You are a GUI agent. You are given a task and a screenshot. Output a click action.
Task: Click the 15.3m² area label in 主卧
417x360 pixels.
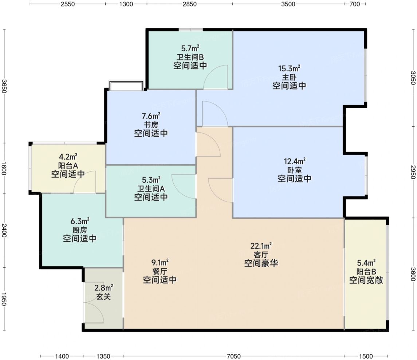point(289,68)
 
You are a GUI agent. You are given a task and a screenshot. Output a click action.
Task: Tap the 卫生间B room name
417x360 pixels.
point(190,57)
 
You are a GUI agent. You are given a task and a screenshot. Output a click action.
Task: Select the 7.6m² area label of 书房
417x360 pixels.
point(151,116)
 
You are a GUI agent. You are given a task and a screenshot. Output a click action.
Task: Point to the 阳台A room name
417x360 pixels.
point(68,166)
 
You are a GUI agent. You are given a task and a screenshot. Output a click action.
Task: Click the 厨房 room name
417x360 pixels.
point(80,230)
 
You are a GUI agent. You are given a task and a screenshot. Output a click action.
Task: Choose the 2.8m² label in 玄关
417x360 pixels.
point(104,288)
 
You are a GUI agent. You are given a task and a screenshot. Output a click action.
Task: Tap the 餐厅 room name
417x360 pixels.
point(160,272)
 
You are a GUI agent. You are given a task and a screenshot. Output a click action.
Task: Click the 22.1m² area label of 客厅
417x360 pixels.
point(261,246)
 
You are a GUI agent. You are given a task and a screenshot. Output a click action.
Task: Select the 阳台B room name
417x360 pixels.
point(366,272)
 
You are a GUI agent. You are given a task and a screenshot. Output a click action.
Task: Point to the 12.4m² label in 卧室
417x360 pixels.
point(295,161)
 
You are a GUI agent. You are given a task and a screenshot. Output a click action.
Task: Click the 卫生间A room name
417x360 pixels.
point(151,189)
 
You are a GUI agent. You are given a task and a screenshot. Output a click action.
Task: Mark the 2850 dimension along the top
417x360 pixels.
point(190,4)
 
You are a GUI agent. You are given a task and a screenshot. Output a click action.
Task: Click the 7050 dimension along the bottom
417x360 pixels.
point(234,356)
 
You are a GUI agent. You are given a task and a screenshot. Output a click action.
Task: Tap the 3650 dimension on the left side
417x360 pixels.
point(4,86)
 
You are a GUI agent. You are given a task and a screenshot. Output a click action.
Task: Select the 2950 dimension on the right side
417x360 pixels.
point(413,172)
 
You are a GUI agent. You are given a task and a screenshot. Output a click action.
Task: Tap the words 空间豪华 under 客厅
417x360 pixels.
point(261,263)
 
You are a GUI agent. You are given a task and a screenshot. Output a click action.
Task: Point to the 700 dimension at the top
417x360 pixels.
point(354,4)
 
